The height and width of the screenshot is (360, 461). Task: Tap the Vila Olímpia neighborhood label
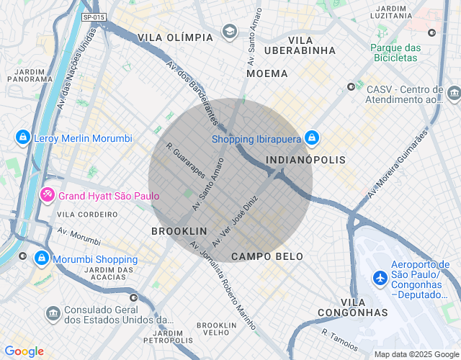175,37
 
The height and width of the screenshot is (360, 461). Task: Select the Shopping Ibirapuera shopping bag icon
311,137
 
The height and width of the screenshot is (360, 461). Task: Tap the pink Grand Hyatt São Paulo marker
48,195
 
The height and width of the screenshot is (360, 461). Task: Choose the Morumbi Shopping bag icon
42,258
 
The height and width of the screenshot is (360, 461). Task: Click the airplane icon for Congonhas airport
380,277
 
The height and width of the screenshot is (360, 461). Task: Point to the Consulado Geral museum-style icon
53,314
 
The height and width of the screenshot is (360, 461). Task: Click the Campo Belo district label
267,256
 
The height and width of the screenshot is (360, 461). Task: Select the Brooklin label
179,231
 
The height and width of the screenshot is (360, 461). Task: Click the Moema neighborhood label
267,73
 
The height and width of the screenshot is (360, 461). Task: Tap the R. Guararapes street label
186,161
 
